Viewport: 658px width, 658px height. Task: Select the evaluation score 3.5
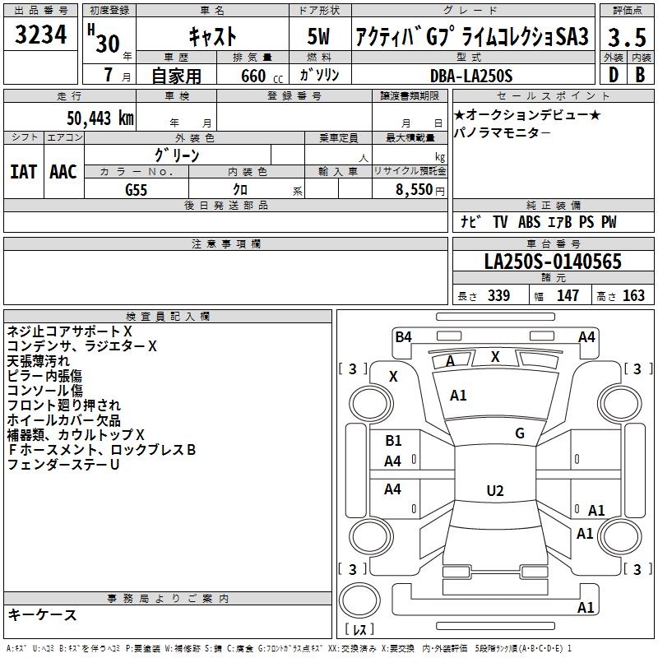click(x=625, y=38)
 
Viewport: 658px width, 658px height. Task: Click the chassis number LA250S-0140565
click(x=553, y=262)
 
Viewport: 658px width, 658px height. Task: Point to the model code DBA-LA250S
click(x=471, y=76)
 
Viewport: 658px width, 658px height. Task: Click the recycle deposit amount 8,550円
click(x=419, y=190)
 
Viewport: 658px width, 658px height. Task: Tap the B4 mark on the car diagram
click(x=403, y=336)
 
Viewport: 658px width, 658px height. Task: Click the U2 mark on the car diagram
click(x=494, y=491)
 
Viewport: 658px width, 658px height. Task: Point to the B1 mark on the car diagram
click(x=393, y=441)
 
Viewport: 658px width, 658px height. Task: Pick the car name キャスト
click(x=212, y=37)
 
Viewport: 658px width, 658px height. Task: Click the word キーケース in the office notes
click(x=43, y=614)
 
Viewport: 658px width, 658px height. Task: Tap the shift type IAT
click(x=23, y=172)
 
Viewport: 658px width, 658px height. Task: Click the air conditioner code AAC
click(x=63, y=172)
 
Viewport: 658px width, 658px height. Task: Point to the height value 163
click(x=633, y=296)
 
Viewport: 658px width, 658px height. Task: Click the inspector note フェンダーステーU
click(x=63, y=465)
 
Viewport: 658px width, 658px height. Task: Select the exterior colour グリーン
click(x=177, y=155)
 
